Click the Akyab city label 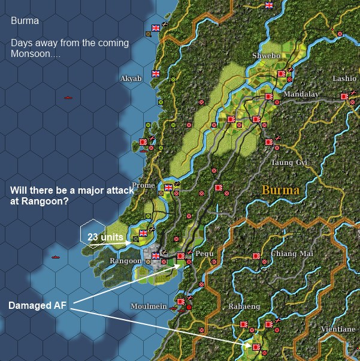point(131,79)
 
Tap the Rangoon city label point(125,261)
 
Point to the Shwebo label point(265,56)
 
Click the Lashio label point(344,79)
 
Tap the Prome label point(143,185)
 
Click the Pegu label point(204,254)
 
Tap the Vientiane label point(338,329)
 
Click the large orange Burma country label point(280,191)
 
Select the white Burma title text point(25,21)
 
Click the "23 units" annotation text point(105,237)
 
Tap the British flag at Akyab point(156,74)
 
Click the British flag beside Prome point(168,188)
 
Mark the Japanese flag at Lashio point(344,96)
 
